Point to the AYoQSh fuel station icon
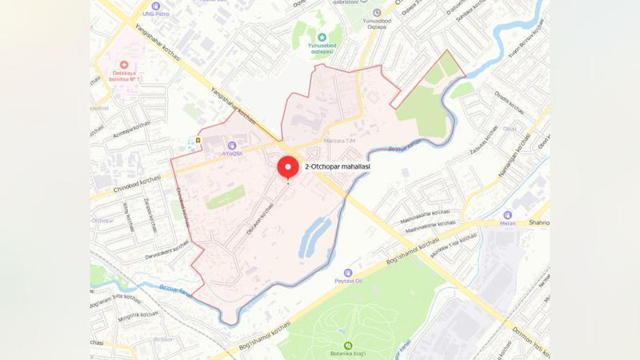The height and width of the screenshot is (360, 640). [230, 145]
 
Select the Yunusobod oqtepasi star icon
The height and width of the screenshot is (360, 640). [322, 37]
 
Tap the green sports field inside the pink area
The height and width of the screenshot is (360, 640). [225, 196]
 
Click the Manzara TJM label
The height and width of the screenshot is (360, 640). [339, 141]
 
